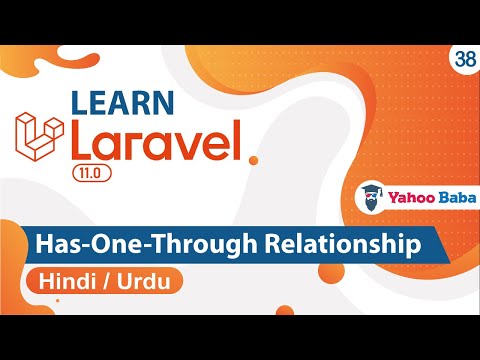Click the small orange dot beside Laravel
tap(254, 159)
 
